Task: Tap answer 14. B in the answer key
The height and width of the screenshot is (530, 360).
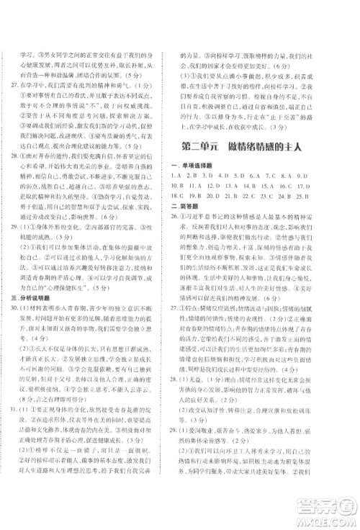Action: [266, 212]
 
